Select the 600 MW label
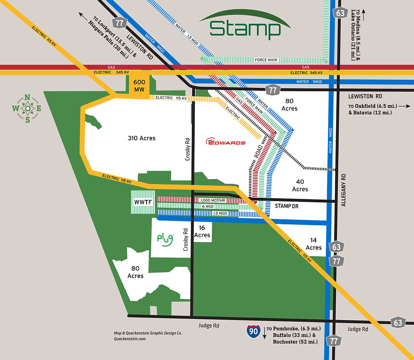click(139, 86)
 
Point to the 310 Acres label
click(142, 138)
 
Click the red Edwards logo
click(225, 142)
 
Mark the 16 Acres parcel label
click(202, 232)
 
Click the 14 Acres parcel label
click(313, 244)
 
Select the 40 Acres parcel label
click(300, 185)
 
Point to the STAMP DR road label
click(287, 206)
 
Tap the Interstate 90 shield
click(253, 332)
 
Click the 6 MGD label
click(207, 206)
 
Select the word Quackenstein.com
click(130, 338)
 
